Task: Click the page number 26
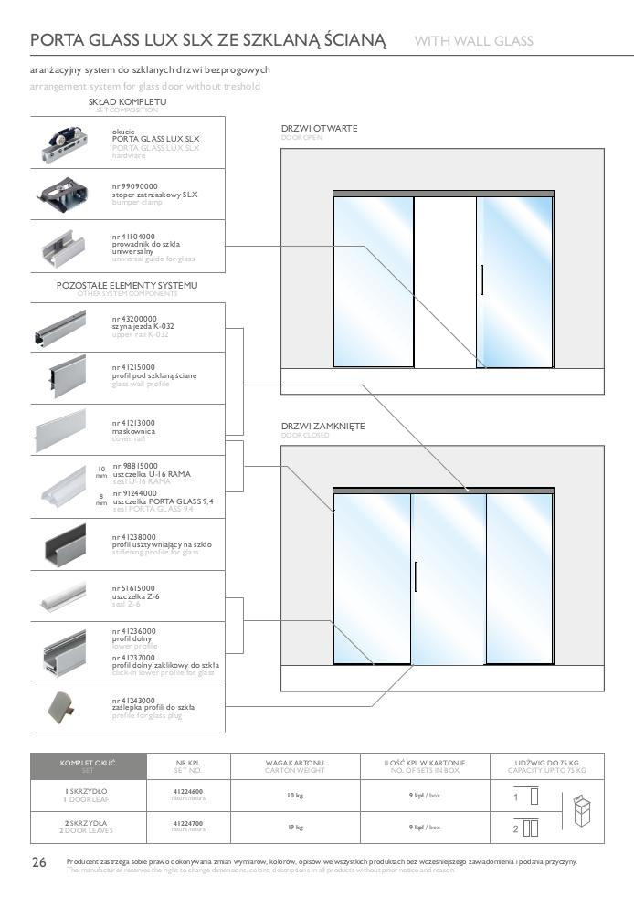pos(38,863)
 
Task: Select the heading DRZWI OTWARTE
pos(319,129)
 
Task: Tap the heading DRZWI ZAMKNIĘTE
pos(322,427)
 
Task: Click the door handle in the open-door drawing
pos(481,280)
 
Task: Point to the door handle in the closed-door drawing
pos(416,577)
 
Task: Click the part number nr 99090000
pos(134,186)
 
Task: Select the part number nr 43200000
pos(134,318)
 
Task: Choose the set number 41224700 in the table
pos(187,823)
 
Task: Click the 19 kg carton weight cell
pos(294,827)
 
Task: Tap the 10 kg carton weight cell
pos(294,796)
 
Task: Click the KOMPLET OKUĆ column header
pos(89,762)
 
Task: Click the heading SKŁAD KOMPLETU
pos(127,101)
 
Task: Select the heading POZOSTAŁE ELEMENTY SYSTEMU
pos(127,286)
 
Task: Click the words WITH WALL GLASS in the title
pos(473,41)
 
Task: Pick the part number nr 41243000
pos(134,700)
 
